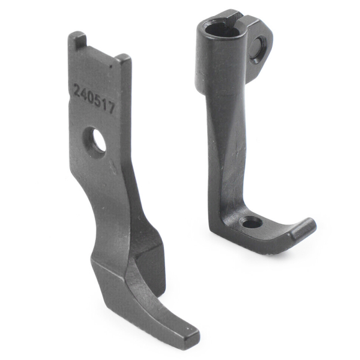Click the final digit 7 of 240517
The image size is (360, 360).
click(111, 107)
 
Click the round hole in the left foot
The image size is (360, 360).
click(97, 142)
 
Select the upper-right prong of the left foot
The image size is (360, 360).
click(124, 61)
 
